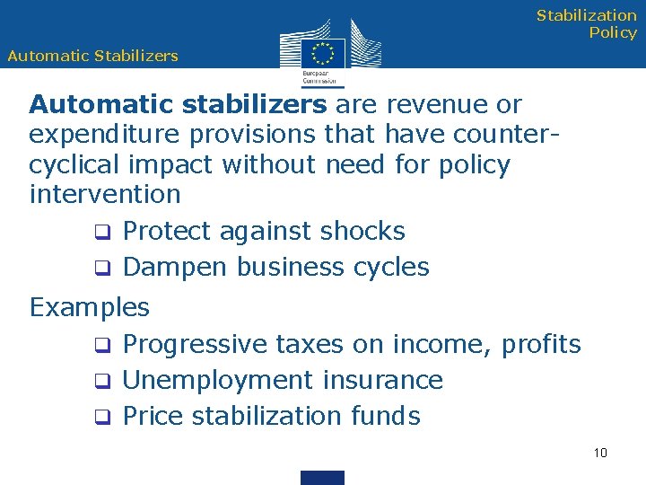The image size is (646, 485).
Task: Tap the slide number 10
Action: coord(600,452)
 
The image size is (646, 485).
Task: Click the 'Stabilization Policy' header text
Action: coord(587,24)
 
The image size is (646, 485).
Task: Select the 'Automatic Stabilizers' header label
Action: coord(92,56)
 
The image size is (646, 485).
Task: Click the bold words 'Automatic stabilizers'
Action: coord(178,104)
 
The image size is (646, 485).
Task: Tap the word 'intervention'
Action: coord(105,194)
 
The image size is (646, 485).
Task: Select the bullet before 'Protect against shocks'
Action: coord(103,233)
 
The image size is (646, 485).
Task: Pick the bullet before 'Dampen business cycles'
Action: coord(103,269)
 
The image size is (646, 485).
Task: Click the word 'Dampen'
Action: coord(174,268)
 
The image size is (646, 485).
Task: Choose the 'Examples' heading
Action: coord(90,307)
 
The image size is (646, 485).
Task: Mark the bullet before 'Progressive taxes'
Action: coord(103,346)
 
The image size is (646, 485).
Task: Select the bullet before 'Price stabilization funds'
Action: coord(103,418)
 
